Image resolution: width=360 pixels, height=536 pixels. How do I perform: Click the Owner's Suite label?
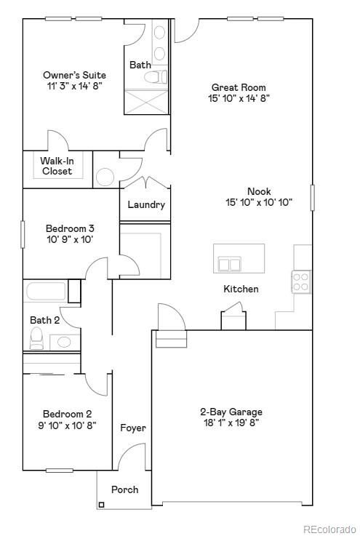click(74, 75)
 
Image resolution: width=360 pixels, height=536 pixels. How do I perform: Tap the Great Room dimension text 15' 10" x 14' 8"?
click(239, 98)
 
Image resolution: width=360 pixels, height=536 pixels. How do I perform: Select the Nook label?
click(258, 191)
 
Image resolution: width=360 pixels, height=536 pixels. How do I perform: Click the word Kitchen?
click(241, 289)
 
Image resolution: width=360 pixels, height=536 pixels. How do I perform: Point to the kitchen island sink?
click(230, 263)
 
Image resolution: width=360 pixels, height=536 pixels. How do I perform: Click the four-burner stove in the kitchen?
click(301, 281)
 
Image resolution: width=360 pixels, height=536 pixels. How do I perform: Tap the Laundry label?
click(146, 204)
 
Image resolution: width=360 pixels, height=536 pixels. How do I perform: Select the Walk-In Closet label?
click(56, 166)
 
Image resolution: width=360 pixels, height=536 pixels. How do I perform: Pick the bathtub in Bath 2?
click(47, 292)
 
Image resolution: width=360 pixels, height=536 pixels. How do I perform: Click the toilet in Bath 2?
click(36, 337)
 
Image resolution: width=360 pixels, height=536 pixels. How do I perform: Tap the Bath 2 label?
click(44, 320)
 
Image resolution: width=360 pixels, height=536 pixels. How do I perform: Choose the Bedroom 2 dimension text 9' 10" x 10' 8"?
click(68, 425)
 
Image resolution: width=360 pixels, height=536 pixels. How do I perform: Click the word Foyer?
click(133, 428)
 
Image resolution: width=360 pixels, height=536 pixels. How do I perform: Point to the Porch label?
click(124, 489)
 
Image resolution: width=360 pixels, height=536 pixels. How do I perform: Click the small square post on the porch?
click(102, 505)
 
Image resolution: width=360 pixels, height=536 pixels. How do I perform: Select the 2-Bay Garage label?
click(231, 411)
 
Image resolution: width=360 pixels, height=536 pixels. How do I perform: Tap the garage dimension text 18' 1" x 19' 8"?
click(231, 423)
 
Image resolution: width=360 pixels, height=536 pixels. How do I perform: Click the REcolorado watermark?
click(329, 529)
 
